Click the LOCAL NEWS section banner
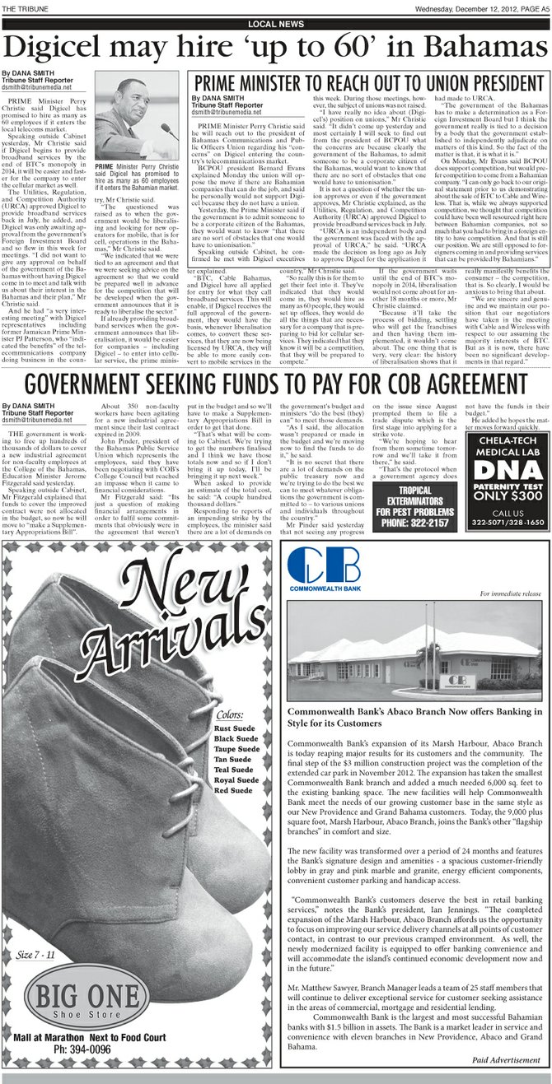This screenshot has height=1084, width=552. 274,24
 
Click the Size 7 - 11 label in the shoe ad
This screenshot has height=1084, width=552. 35,955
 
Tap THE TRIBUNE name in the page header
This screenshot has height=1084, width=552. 25,9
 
